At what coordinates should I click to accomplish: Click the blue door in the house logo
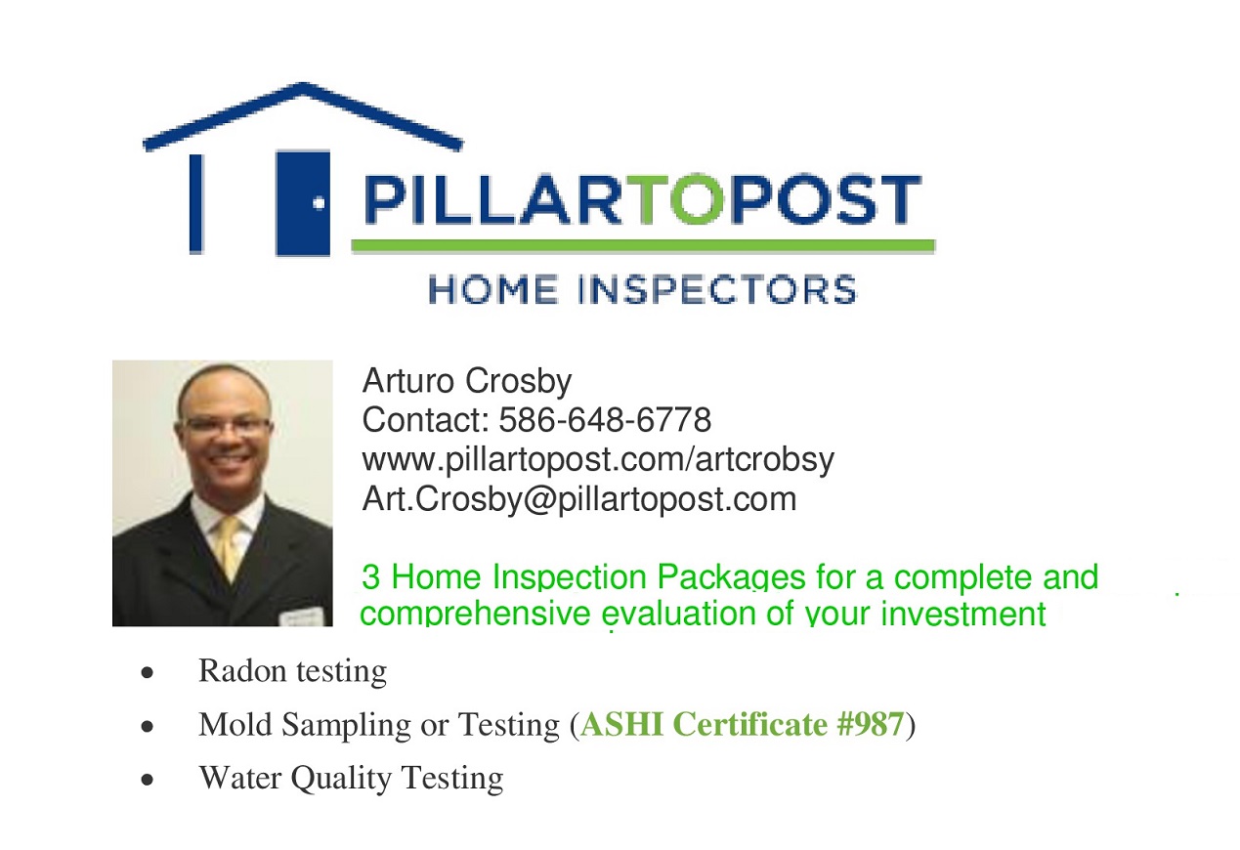click(x=303, y=202)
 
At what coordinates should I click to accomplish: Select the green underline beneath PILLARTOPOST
click(x=643, y=246)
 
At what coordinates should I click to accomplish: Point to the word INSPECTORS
click(x=717, y=290)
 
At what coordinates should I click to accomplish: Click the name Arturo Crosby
click(x=467, y=381)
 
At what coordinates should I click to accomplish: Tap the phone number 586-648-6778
click(x=605, y=419)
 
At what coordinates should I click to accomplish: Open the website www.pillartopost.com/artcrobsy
click(x=598, y=460)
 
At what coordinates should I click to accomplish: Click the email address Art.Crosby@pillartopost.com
click(x=579, y=499)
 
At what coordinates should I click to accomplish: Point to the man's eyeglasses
click(x=226, y=427)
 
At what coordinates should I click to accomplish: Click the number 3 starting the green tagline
click(x=371, y=577)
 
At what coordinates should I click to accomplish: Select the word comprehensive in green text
click(x=476, y=615)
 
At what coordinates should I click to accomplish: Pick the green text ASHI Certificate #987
click(x=743, y=724)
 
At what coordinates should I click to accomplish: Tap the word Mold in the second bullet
click(x=235, y=724)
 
